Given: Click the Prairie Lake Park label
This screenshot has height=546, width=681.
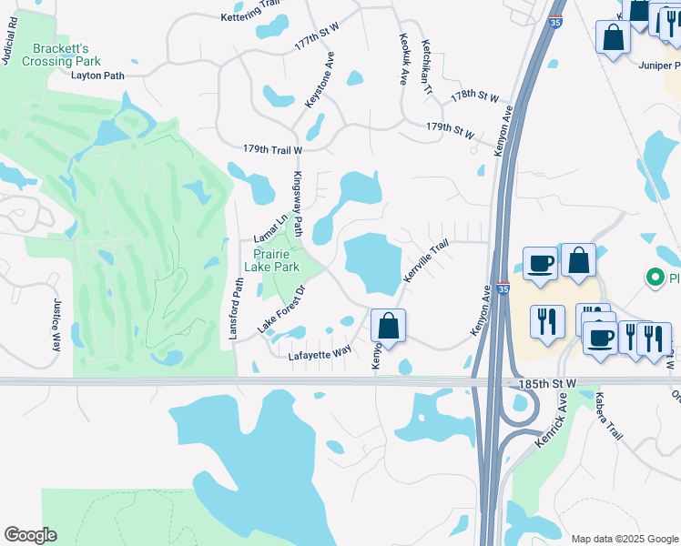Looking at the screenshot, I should [271, 259].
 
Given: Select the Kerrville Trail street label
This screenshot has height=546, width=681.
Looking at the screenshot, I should [427, 260].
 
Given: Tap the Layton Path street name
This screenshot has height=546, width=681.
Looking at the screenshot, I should [97, 76].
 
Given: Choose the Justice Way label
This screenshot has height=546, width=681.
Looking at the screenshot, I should [56, 325].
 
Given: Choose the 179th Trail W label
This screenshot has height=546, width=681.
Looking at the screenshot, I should [272, 149].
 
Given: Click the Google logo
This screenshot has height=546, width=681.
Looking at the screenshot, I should [30, 535].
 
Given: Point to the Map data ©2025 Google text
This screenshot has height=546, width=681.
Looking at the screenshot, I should [624, 539].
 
